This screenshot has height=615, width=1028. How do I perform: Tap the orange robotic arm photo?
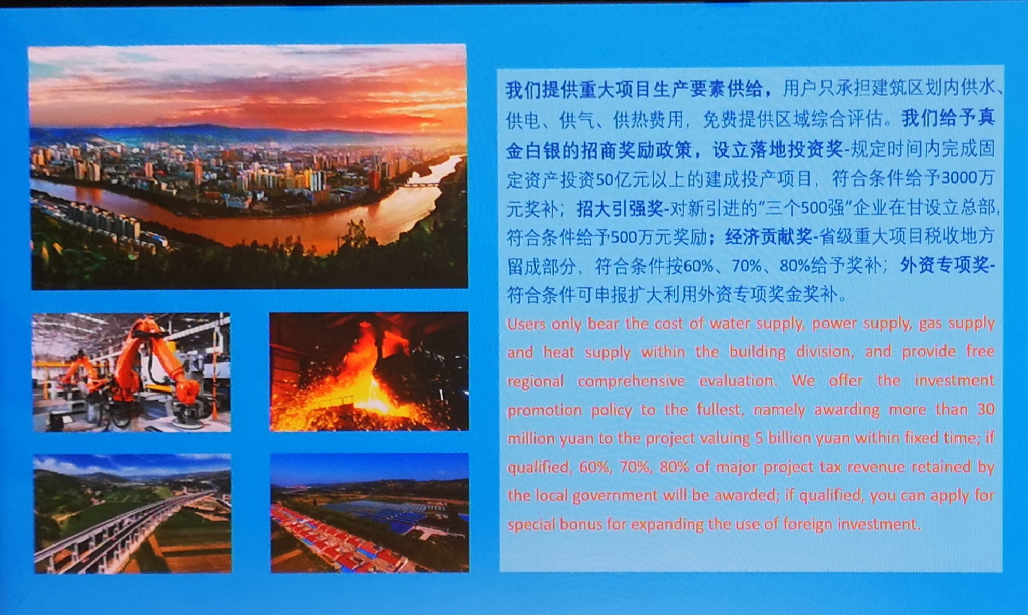click(x=132, y=372)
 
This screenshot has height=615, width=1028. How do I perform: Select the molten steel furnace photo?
click(x=369, y=371)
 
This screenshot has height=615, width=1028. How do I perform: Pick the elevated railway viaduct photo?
click(x=133, y=514)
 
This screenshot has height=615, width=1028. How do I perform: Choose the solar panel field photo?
click(x=369, y=513)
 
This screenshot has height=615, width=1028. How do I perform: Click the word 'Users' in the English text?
click(x=526, y=324)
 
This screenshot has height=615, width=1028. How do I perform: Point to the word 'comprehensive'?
click(x=631, y=381)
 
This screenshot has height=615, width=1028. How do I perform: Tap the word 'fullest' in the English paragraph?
click(x=720, y=410)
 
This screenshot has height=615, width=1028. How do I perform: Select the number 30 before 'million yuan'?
click(x=985, y=409)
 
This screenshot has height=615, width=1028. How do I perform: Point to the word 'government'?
click(x=615, y=496)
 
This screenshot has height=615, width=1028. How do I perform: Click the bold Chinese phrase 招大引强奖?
click(x=620, y=208)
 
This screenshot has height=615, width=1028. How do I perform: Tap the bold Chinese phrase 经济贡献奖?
click(x=769, y=237)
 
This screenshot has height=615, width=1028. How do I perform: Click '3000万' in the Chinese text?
click(x=968, y=178)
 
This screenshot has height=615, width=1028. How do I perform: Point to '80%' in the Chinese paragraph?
click(x=794, y=266)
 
